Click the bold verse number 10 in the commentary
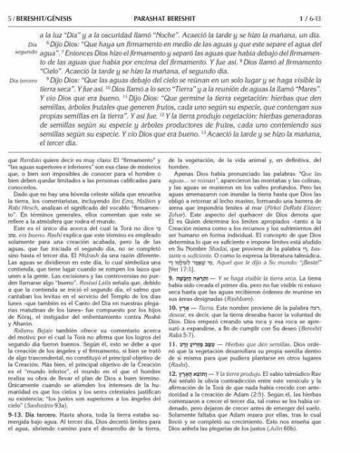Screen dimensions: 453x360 point(190,317)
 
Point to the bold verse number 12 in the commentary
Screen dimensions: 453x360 point(190,373)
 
